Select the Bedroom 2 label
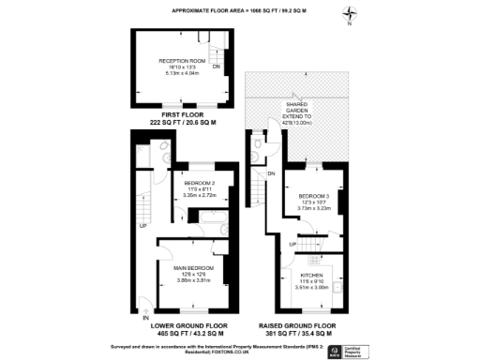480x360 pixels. point(200,182)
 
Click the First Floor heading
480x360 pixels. point(183,115)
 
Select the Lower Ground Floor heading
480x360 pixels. point(183,326)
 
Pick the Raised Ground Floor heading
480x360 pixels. point(295,326)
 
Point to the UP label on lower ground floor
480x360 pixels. point(142,226)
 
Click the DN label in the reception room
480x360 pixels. point(217,67)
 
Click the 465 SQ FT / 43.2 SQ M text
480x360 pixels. point(183,334)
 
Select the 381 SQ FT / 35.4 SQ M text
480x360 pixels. point(295,334)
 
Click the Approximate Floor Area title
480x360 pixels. point(239,10)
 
